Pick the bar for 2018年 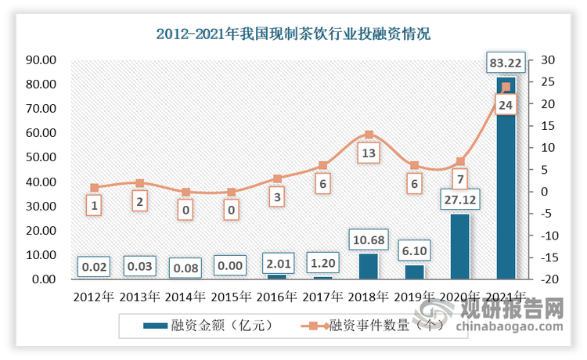[368, 266]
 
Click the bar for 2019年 [414, 272]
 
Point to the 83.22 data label [506, 63]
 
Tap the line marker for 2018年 [369, 135]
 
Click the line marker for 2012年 [94, 188]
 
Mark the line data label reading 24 [506, 105]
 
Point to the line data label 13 [369, 153]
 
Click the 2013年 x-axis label [140, 297]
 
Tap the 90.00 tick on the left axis [40, 60]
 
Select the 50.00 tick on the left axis [40, 157]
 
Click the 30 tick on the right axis [544, 60]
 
